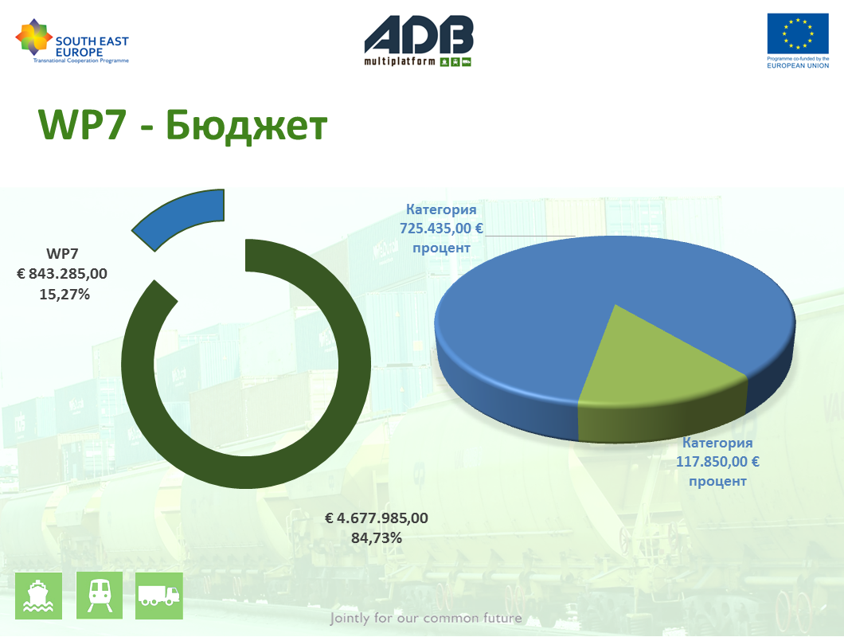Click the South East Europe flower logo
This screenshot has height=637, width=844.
point(34,37)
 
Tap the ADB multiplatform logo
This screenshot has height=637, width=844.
point(419,41)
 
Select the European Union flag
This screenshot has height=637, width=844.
point(798,33)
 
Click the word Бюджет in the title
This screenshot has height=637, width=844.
point(246,125)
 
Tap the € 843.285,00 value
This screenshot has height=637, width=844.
point(62,274)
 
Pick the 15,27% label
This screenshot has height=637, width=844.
point(64,294)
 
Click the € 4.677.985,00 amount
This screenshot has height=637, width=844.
point(377,518)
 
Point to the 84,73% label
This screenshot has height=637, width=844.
point(377,538)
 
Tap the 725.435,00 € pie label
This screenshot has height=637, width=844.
point(441,229)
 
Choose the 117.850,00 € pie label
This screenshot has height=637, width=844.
point(717,462)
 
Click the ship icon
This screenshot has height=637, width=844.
point(38,596)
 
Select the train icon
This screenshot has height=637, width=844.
point(100,596)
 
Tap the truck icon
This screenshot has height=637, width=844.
point(158,596)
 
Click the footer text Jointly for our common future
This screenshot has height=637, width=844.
point(426,618)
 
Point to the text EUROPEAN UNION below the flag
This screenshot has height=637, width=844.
point(798,66)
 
